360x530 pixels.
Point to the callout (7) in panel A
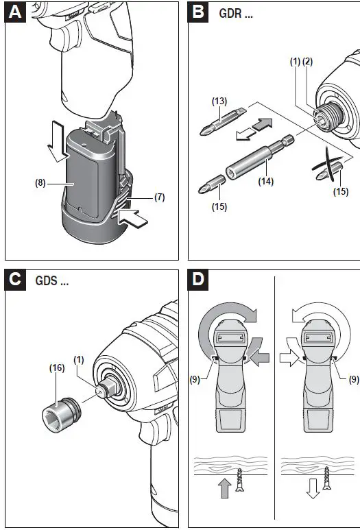[x=158, y=197]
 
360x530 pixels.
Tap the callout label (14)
[x=266, y=182]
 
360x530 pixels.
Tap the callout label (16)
[x=57, y=368]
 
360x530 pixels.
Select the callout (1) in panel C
[x=80, y=358]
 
